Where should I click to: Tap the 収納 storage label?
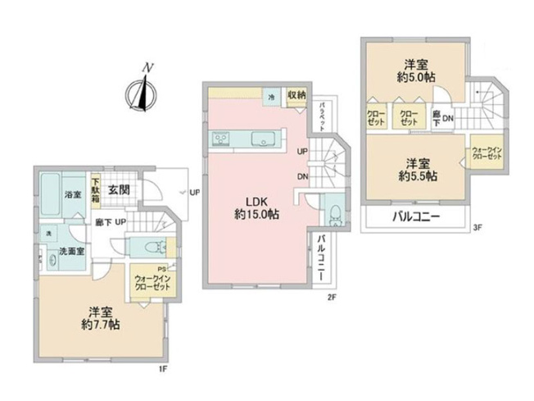[296, 95]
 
